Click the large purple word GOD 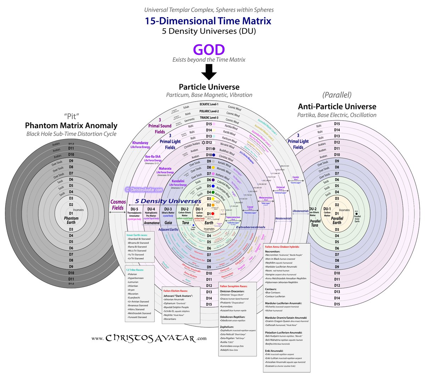[209, 50]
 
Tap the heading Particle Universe [209, 87]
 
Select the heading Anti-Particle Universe [337, 107]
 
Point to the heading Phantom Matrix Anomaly [71, 126]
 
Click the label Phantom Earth [71, 220]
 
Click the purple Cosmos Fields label [118, 205]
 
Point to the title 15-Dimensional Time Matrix [208, 21]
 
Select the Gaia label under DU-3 [168, 223]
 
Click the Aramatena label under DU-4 [151, 223]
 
